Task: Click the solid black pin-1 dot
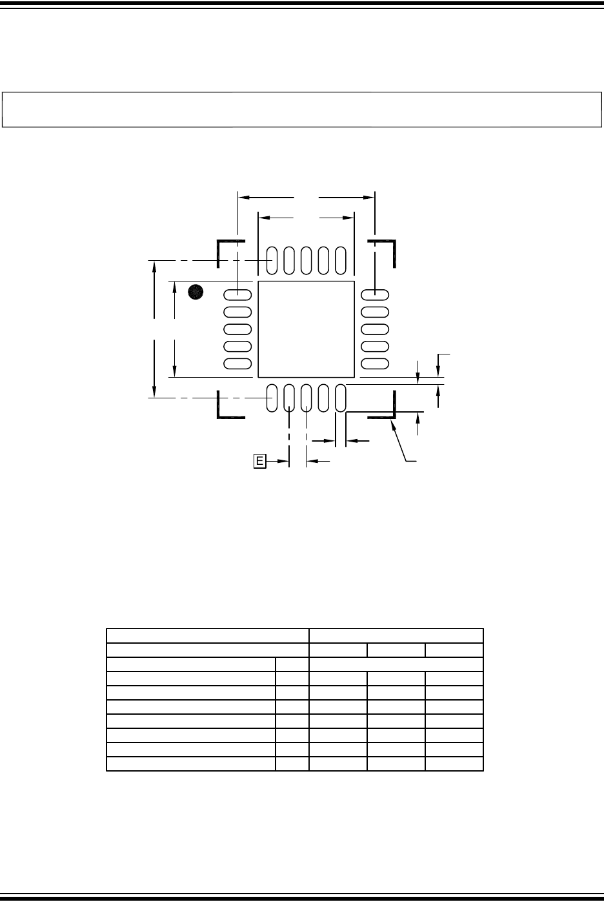click(x=196, y=292)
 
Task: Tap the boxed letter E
click(x=259, y=461)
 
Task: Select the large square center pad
click(x=306, y=329)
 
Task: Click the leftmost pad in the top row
click(x=272, y=260)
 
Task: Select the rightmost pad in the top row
click(x=341, y=260)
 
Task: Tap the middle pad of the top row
click(x=306, y=260)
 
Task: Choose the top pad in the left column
click(x=237, y=294)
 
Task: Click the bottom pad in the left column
click(x=237, y=363)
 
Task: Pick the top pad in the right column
click(x=375, y=294)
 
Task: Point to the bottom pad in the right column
click(x=375, y=363)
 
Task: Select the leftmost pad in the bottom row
click(x=272, y=398)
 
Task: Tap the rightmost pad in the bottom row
click(x=341, y=398)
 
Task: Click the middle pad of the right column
click(x=375, y=329)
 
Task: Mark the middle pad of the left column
click(x=237, y=329)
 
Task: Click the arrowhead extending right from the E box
click(x=283, y=461)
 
